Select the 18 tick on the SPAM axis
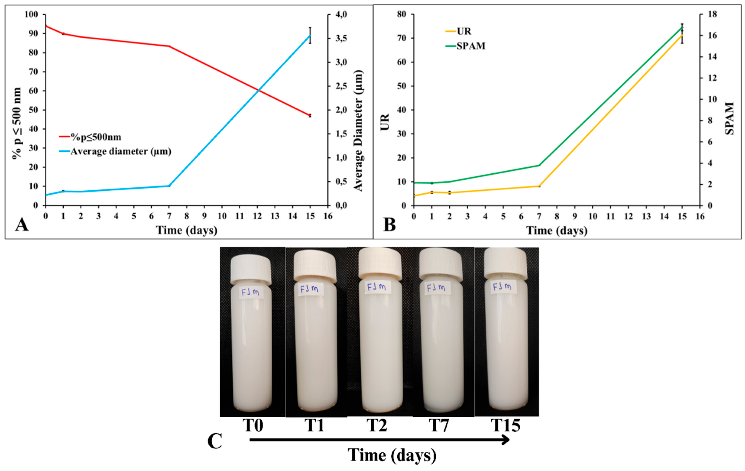710,15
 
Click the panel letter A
22,225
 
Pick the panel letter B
389,225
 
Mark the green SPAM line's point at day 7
539,165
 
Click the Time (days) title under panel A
186,230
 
